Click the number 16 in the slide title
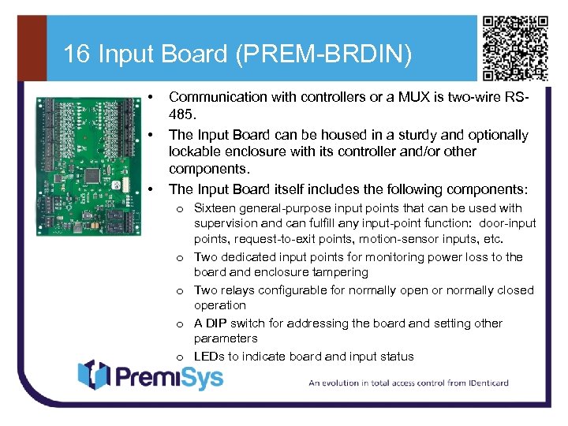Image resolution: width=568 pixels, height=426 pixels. (x=76, y=54)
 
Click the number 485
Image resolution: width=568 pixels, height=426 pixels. (x=181, y=114)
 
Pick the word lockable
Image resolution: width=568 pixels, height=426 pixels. (x=196, y=151)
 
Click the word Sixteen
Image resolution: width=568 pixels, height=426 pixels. (x=215, y=208)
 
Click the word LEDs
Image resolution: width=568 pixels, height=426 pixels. (x=209, y=357)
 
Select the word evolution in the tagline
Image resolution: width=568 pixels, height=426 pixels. (x=348, y=383)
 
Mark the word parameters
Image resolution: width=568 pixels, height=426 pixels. (x=226, y=338)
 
